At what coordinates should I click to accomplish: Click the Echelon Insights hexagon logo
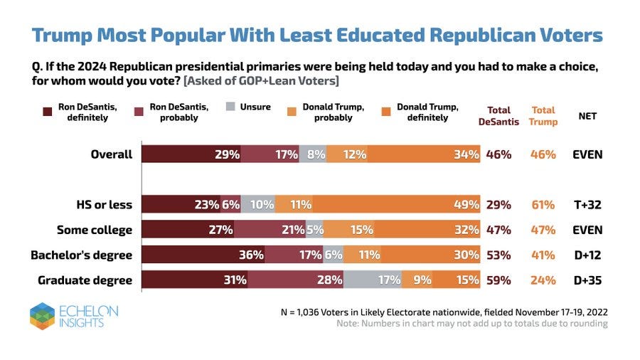click(42, 316)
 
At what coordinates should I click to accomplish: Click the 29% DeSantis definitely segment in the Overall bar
click(191, 154)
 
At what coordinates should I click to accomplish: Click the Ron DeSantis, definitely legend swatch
click(48, 112)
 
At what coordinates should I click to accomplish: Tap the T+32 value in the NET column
click(587, 205)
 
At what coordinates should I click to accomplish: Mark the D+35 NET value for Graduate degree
click(587, 280)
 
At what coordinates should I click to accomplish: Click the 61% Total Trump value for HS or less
click(543, 205)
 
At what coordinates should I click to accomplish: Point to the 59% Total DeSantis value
click(498, 280)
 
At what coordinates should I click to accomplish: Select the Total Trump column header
click(543, 116)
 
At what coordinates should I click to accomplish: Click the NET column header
click(587, 116)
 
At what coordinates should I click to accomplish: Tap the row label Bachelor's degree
click(84, 255)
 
